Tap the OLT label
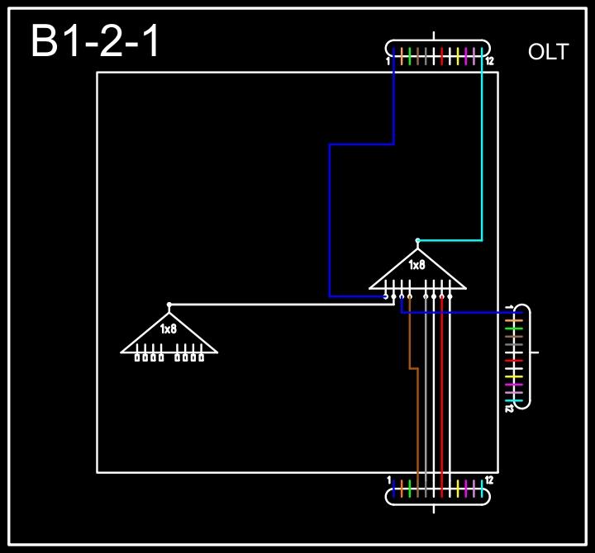pyautogui.click(x=548, y=53)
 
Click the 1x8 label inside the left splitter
pyautogui.click(x=169, y=329)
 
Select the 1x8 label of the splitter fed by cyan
pyautogui.click(x=417, y=265)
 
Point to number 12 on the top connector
pyautogui.click(x=490, y=61)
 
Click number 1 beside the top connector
pyautogui.click(x=388, y=61)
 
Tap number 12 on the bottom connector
pyautogui.click(x=490, y=480)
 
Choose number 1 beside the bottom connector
pyautogui.click(x=388, y=480)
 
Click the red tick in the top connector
pyautogui.click(x=442, y=56)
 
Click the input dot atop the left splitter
pyautogui.click(x=169, y=305)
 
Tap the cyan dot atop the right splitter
pyautogui.click(x=417, y=240)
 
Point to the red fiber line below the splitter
pyautogui.click(x=442, y=388)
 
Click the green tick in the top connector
pyautogui.click(x=410, y=56)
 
